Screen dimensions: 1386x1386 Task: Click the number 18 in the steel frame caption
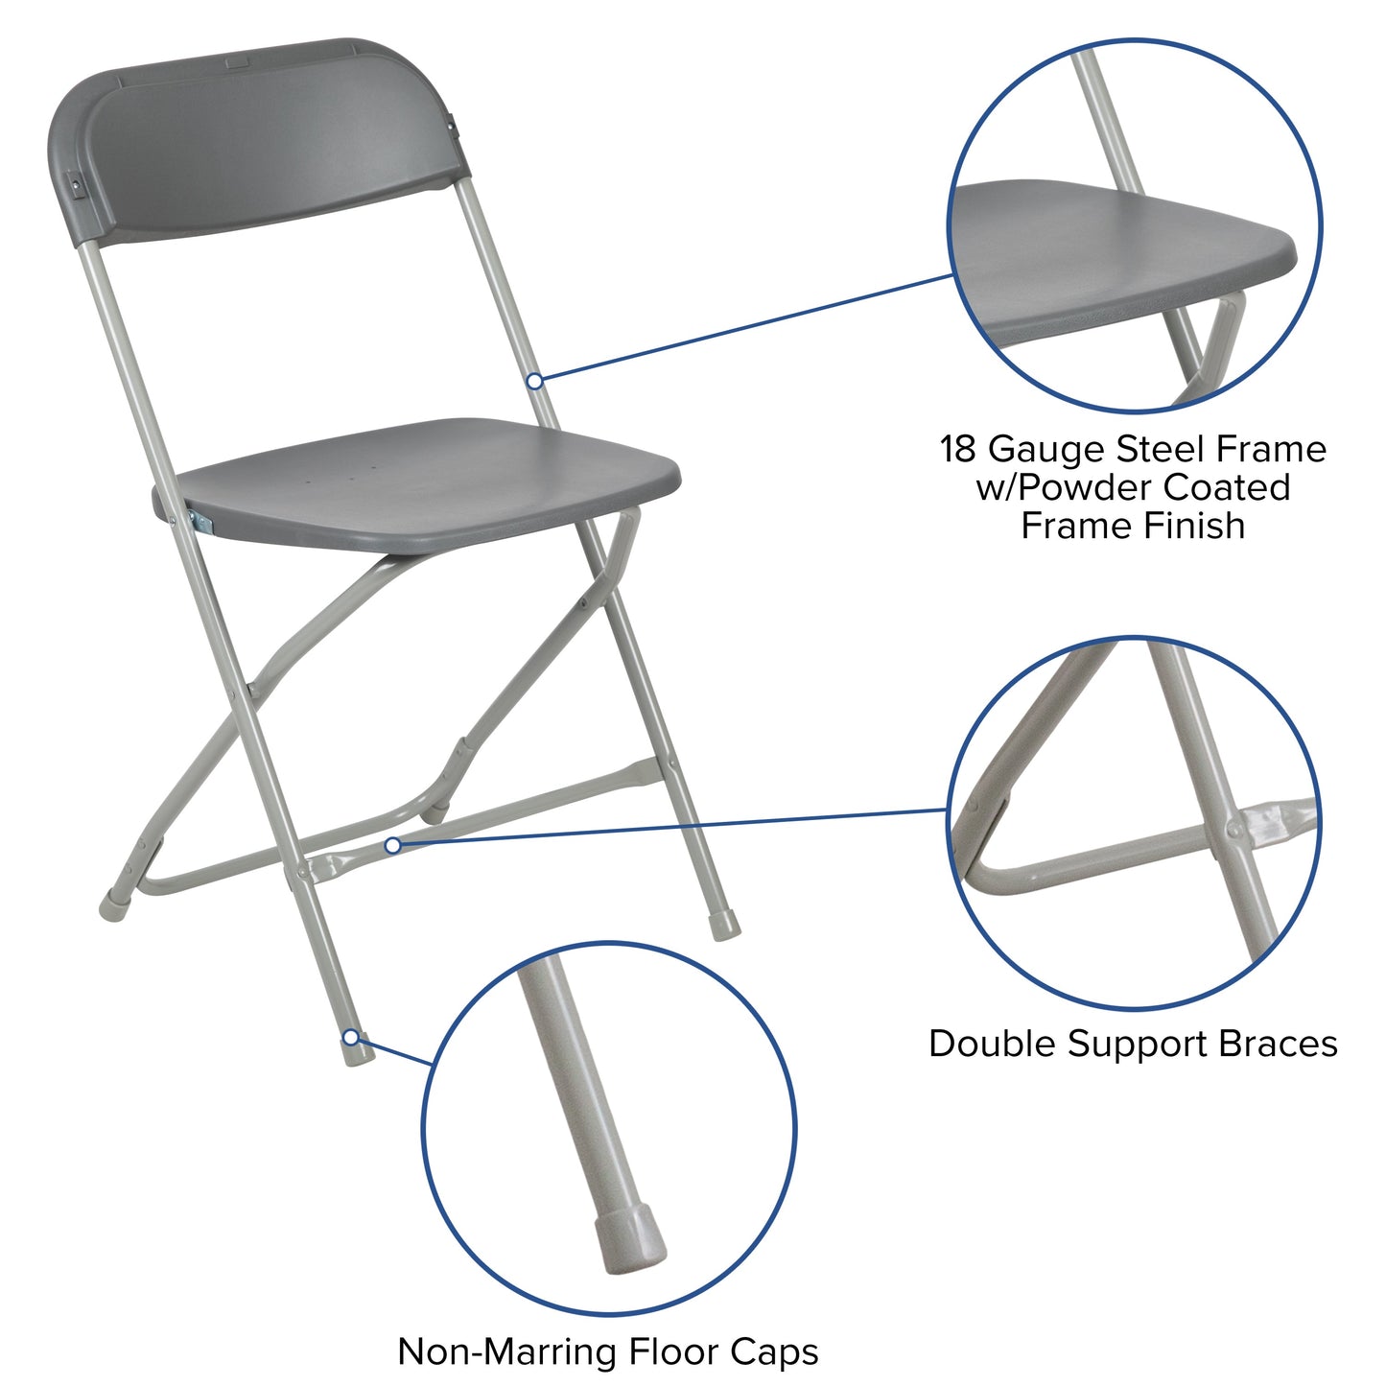pos(959,449)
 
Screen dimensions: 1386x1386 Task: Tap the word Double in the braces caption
pos(993,1044)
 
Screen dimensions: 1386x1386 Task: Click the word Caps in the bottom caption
pos(775,1351)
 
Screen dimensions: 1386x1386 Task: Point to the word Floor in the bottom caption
pos(677,1351)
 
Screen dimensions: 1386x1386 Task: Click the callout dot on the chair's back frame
pos(535,381)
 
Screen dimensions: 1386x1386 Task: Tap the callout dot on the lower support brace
pos(392,845)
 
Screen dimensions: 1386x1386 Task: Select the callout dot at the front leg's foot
pos(351,1038)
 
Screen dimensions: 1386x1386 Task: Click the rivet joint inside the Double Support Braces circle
pos(1234,829)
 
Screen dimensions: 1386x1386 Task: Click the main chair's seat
pos(422,480)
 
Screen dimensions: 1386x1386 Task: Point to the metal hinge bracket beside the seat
pos(202,522)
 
